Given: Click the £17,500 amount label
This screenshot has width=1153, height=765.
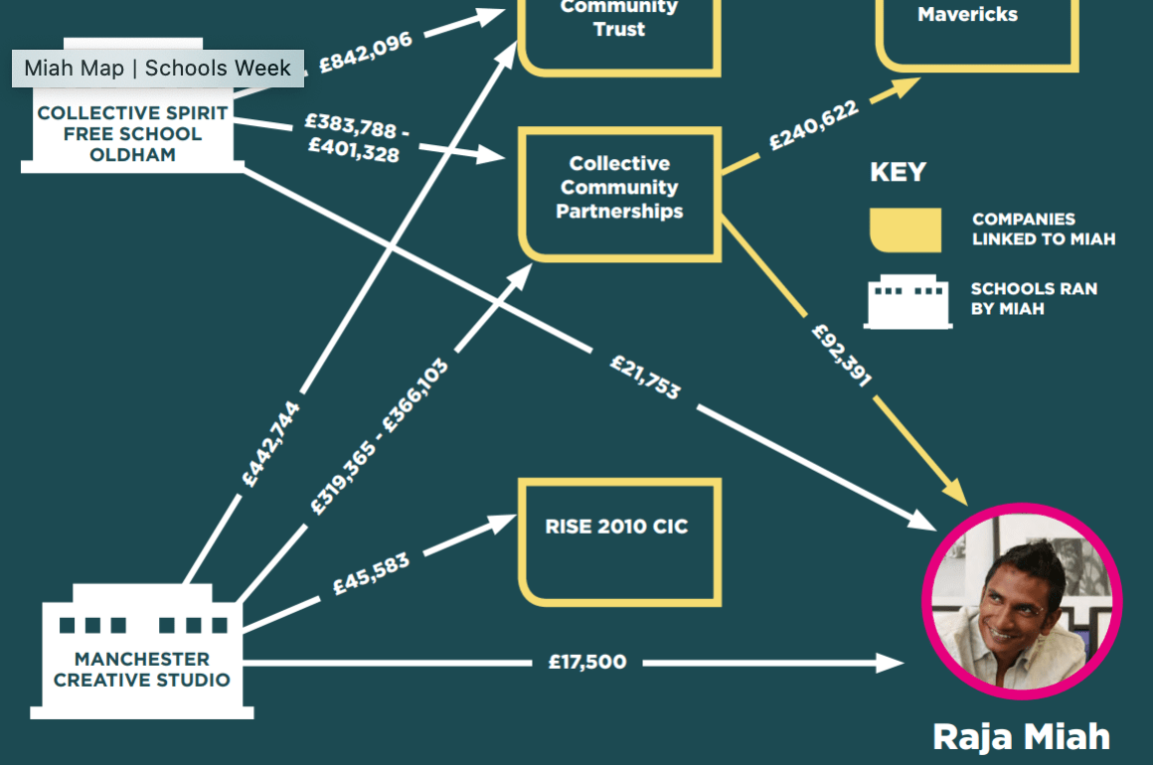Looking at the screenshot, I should (x=587, y=662).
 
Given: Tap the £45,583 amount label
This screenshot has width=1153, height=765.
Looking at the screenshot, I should (x=371, y=574).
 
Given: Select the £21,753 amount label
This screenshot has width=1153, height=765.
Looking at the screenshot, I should (x=645, y=377).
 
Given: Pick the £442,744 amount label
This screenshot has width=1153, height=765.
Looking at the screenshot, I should (x=271, y=444).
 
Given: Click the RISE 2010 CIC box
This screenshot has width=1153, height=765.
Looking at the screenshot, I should (x=618, y=541).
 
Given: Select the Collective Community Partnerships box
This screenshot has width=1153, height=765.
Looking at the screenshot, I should (x=619, y=194).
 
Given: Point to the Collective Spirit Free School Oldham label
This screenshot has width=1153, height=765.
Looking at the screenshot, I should (x=132, y=134).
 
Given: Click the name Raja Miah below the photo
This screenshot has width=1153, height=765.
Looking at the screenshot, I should (x=1021, y=737).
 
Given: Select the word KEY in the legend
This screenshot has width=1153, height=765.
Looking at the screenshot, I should (x=898, y=172).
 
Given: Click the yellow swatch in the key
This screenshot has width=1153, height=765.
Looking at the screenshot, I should (x=906, y=229).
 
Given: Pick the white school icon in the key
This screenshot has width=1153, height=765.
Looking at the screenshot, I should (x=907, y=301).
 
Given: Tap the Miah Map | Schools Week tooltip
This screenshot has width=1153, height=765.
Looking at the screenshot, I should (x=157, y=69).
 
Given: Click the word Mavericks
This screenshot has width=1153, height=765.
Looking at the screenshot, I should (x=967, y=15).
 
